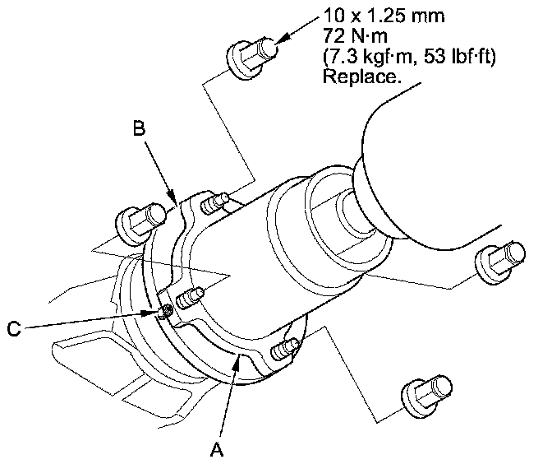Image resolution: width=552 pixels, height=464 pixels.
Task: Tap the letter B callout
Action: coord(140,128)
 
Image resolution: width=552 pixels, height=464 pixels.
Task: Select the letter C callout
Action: coord(12,330)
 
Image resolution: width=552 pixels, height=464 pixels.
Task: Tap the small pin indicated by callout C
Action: coord(167,310)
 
